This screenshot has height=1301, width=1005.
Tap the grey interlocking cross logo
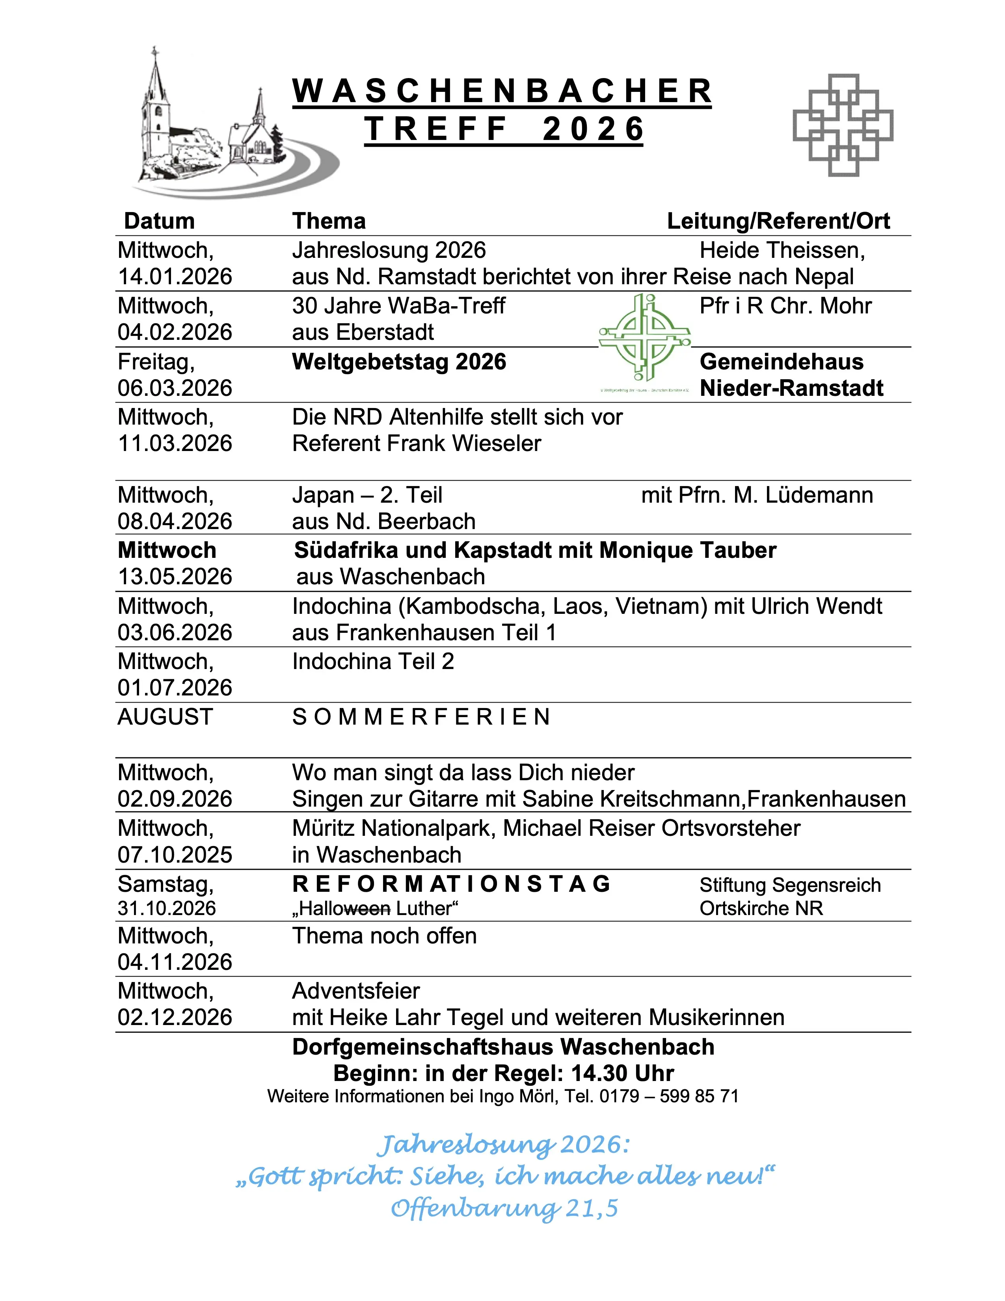click(x=843, y=125)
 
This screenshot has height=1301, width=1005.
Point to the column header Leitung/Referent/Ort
click(x=778, y=221)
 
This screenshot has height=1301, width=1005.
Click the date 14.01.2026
click(x=175, y=276)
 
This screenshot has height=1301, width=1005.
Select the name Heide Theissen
click(x=782, y=250)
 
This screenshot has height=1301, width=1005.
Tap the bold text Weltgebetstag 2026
click(x=399, y=362)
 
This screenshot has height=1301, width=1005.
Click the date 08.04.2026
click(x=175, y=521)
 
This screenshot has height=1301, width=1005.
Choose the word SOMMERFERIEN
click(x=421, y=717)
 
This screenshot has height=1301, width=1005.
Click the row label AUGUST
click(x=165, y=717)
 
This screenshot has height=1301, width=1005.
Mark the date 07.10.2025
click(x=175, y=855)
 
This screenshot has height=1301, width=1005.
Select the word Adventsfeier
click(x=356, y=991)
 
